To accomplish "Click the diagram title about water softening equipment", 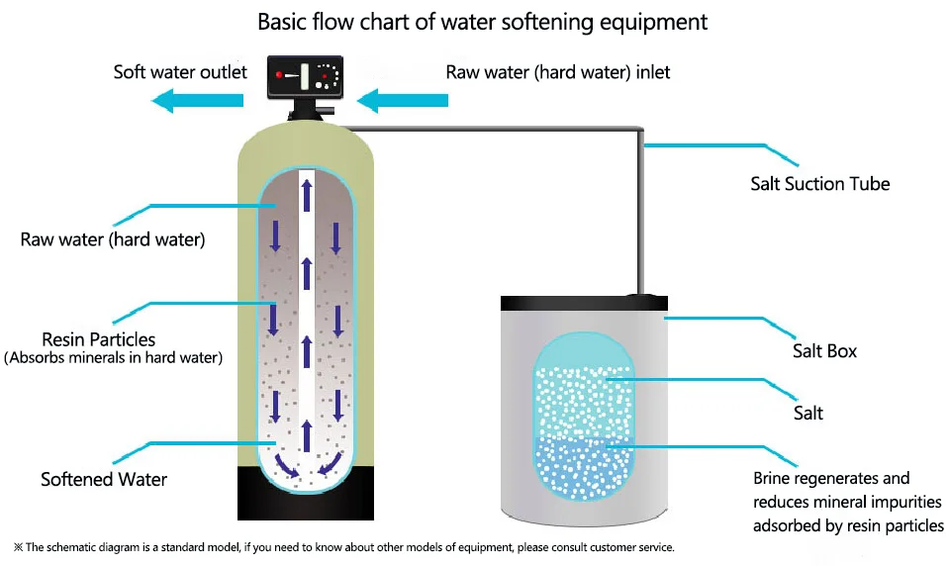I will point(483,22).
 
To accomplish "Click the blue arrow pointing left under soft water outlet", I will point(197,99).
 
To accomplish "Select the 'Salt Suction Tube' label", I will point(820,184).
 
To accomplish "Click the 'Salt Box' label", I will point(823,351).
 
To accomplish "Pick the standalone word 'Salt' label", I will point(807,413).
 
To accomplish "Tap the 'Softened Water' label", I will point(104,480).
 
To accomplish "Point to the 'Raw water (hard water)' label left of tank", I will point(112,239).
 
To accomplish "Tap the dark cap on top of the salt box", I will point(645,296).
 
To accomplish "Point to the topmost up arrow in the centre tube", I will point(306,191).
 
